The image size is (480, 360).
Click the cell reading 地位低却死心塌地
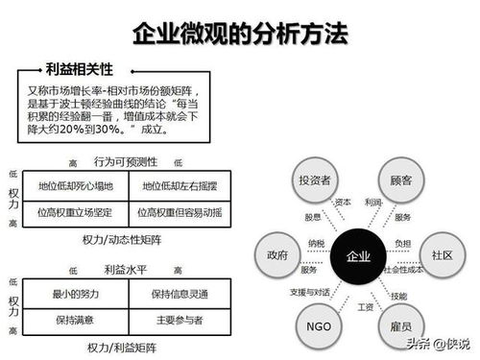coord(74,184)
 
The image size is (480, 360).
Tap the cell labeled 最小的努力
coord(74,294)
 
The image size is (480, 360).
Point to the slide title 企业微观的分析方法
coord(239,36)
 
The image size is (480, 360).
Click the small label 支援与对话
coord(307,291)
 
